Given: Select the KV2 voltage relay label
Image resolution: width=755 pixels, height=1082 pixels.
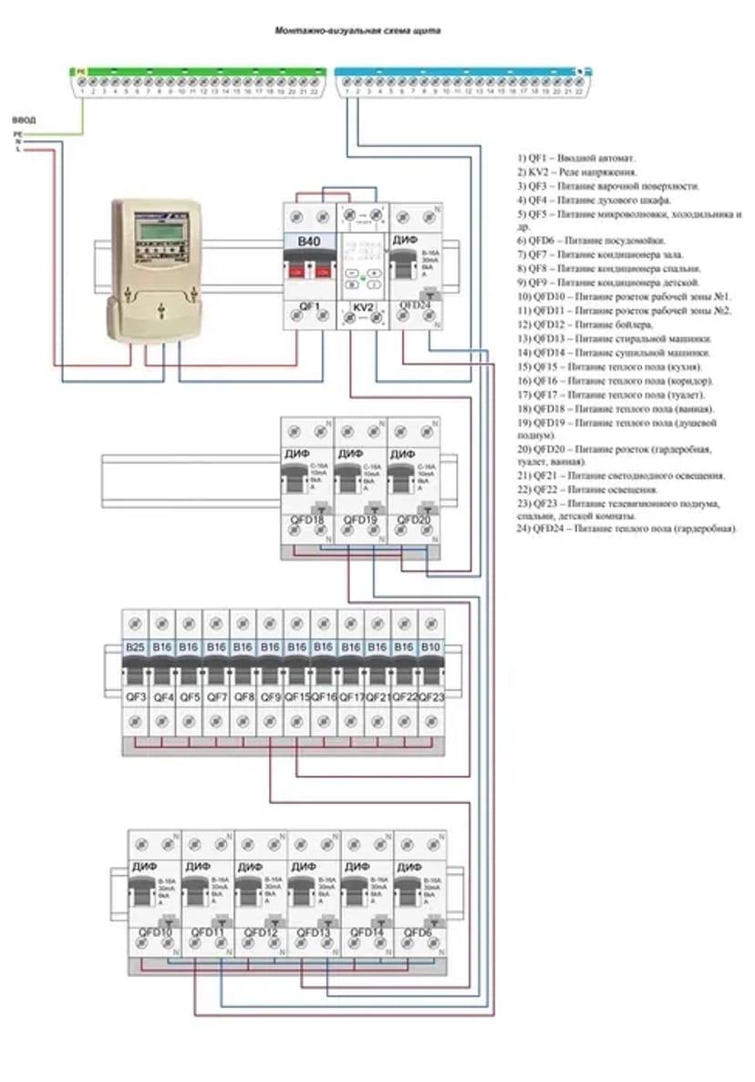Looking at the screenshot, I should pos(364,307).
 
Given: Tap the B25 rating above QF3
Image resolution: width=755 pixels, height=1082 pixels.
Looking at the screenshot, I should pos(136,646).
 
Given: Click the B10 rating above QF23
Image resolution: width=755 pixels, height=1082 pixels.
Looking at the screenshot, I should pos(431,646).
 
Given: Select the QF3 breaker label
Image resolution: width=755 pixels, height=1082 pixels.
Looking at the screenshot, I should pos(136,697).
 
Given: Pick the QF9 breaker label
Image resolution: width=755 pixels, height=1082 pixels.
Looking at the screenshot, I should pos(270,697).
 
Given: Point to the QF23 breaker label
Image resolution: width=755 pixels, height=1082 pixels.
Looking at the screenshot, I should pos(431,697).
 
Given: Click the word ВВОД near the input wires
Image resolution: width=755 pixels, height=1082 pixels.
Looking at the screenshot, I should pos(24,119).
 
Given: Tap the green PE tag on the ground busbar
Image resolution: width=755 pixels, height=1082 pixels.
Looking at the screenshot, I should pos(80,69).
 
